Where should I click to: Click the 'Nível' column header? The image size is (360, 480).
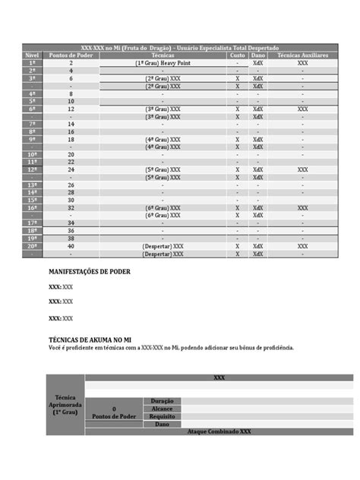32,56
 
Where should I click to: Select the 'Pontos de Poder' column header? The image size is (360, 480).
71,56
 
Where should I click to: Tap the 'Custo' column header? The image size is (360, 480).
237,56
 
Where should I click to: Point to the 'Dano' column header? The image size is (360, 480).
258,56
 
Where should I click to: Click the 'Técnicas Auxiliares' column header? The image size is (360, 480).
302,56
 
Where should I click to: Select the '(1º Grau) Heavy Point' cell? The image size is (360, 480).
162,64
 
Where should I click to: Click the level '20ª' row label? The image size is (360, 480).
32,246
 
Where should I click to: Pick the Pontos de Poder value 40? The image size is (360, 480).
71,246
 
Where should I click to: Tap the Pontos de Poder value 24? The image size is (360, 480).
71,169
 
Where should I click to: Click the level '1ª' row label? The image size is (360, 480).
32,64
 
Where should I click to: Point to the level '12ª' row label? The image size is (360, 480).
32,169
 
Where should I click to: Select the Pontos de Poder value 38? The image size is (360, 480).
71,238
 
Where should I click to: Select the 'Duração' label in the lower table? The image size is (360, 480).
162,400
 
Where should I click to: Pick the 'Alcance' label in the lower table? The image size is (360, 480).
162,408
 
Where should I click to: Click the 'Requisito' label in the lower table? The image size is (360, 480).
162,416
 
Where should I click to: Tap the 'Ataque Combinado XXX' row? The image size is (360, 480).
219,431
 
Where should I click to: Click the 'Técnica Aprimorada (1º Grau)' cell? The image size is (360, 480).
65,406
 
